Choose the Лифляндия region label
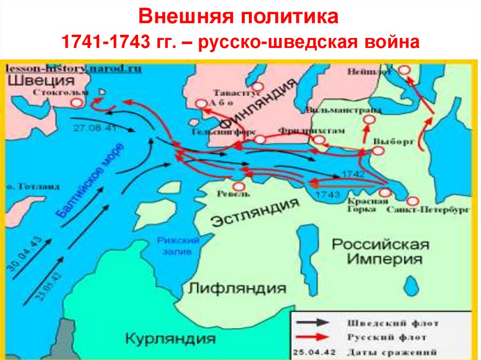click(237, 287)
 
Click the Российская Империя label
click(380, 252)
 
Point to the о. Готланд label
click(33, 186)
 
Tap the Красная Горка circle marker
click(385, 192)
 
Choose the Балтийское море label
click(90, 181)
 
